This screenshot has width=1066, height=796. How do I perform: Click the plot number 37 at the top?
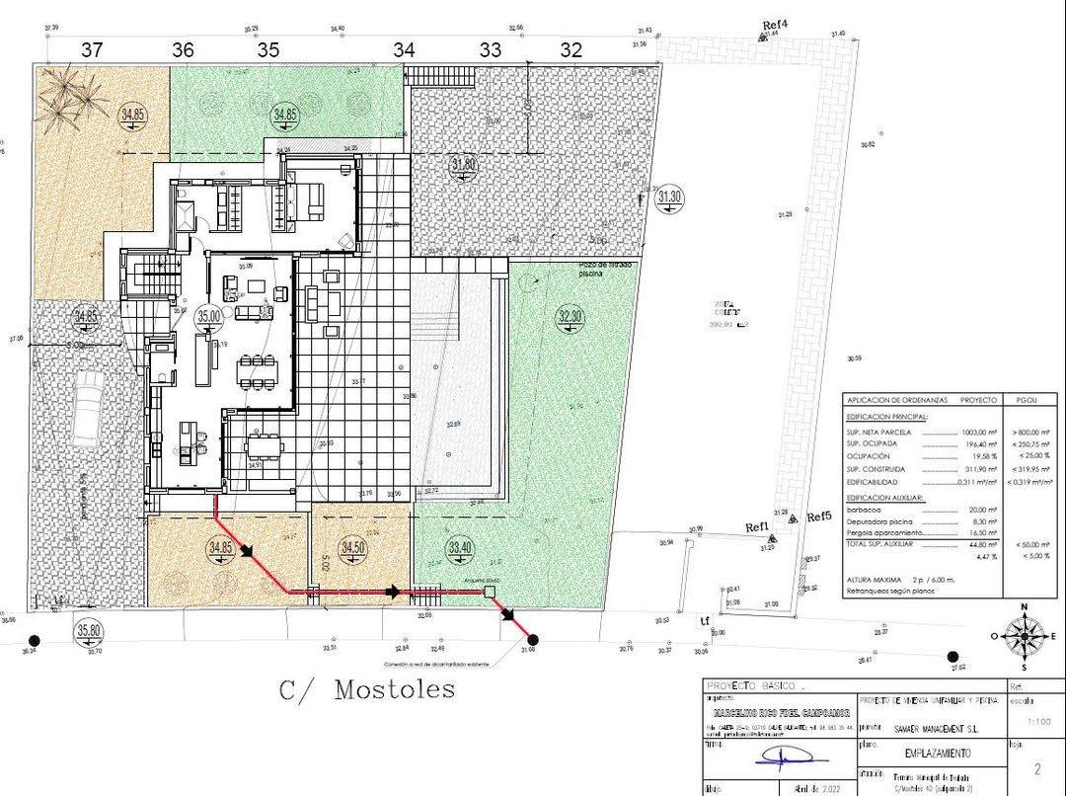tap(92, 49)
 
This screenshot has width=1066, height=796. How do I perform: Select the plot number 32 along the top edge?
tap(571, 49)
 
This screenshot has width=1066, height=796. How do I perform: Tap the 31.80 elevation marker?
tap(464, 165)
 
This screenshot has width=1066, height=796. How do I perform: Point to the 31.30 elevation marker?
tap(669, 197)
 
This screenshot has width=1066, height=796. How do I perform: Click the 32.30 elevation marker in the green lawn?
tap(571, 317)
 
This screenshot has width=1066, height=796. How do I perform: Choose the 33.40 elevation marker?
tap(460, 547)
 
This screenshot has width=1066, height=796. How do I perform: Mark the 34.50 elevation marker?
tap(352, 547)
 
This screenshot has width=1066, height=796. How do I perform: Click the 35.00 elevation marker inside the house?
tap(209, 316)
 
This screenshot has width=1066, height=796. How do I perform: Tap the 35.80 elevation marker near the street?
tap(89, 630)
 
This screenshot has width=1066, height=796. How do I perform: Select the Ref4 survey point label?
tap(776, 24)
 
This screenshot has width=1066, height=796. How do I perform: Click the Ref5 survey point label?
tap(819, 517)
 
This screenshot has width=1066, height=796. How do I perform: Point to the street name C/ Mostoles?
tap(367, 689)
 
